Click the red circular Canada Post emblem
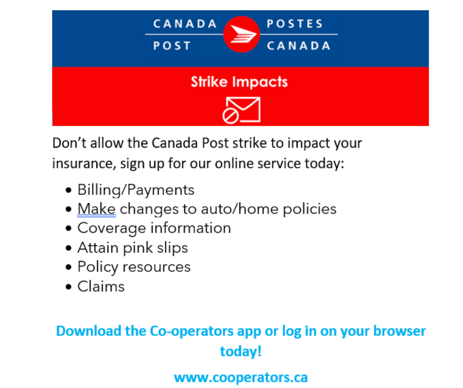[x=241, y=34]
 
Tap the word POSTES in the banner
[x=295, y=24]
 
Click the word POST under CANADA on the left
[x=172, y=46]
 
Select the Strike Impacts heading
[x=239, y=82]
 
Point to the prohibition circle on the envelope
[x=231, y=116]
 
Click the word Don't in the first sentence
[x=69, y=143]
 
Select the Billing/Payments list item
[x=136, y=190]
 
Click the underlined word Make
[x=97, y=209]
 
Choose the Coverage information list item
[x=154, y=228]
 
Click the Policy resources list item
[x=134, y=267]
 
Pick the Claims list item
[x=101, y=287]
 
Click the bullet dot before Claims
[x=68, y=287]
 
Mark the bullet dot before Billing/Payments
[x=68, y=190]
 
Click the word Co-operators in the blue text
[x=192, y=331]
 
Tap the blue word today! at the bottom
[x=241, y=352]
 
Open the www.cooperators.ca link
[x=241, y=377]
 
